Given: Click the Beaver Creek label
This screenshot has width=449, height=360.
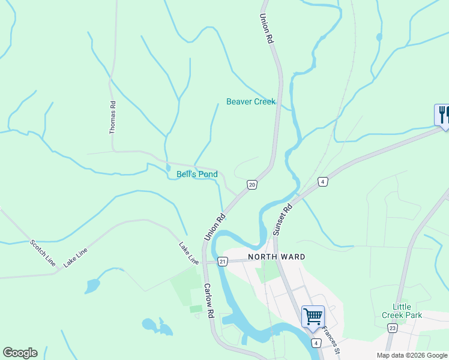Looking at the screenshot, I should [250, 101].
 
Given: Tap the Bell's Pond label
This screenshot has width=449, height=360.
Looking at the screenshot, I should [197, 175].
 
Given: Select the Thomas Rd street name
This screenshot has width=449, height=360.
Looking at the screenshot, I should [112, 117].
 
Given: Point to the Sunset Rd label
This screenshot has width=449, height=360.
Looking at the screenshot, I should [282, 220].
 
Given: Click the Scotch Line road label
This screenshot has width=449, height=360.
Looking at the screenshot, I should [43, 253].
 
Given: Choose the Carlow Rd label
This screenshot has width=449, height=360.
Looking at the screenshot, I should [208, 301].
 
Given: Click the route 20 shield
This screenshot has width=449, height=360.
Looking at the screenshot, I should [252, 185].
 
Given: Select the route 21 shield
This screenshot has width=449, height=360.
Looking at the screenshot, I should [223, 262].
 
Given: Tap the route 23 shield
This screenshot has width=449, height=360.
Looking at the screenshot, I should [392, 328].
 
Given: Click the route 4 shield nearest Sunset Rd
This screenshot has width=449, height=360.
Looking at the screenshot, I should [323, 182].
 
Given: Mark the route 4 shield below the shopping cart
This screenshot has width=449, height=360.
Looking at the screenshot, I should [316, 343].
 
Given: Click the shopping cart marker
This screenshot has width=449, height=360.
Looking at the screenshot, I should [313, 316].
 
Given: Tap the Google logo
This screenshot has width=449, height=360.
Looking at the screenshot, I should [20, 353].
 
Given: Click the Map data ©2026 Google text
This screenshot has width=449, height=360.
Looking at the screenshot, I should [411, 355].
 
